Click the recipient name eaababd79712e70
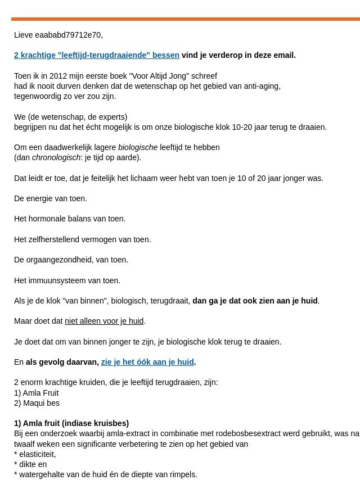[68, 35]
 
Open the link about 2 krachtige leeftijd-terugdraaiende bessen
[97, 55]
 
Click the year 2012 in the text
[58, 76]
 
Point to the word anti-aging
[262, 86]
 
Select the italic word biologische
[138, 147]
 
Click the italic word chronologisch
[56, 157]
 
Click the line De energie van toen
[51, 198]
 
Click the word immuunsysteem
[56, 280]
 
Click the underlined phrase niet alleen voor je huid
[104, 321]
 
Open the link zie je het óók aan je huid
[147, 362]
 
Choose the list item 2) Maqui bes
[37, 403]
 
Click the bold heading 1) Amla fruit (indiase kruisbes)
[71, 423]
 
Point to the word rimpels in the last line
[182, 474]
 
